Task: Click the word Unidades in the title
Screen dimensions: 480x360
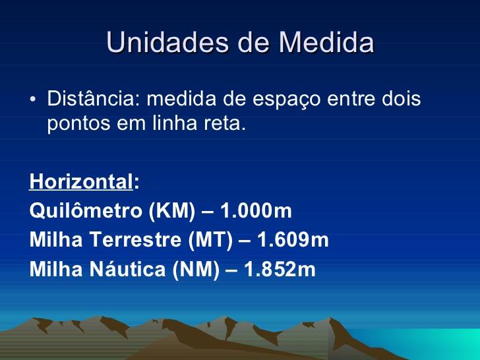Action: coord(167,42)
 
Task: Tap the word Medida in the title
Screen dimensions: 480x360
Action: coord(326,42)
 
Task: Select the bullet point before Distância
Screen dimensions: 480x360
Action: coord(33,99)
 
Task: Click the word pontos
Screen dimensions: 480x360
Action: coord(78,124)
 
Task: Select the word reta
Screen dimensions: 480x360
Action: coord(225,123)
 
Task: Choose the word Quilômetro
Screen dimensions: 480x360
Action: coord(86,210)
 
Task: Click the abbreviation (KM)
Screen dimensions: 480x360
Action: coord(171,211)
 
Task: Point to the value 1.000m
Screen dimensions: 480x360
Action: coord(256,210)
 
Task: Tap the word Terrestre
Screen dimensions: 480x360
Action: coord(135,239)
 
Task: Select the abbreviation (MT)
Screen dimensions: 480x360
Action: coord(210,240)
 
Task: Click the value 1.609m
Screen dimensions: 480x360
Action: coord(293,239)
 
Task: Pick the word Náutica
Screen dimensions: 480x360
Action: coord(127,269)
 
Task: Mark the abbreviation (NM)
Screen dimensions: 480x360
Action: coord(196,270)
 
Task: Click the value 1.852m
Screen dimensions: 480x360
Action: coord(280,269)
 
